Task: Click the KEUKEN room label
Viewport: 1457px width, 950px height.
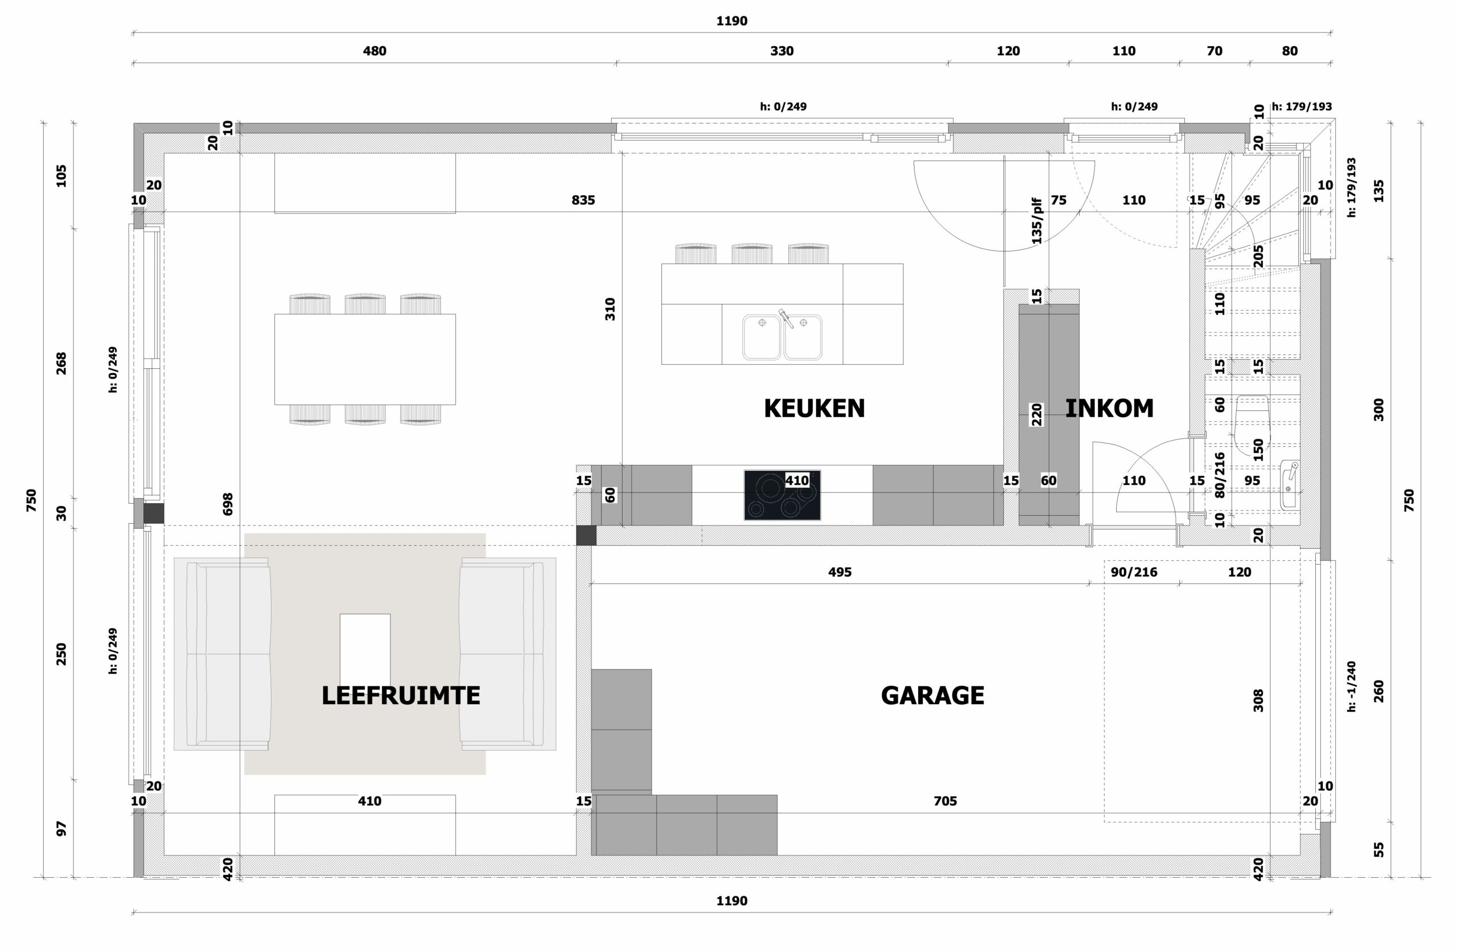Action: tap(814, 408)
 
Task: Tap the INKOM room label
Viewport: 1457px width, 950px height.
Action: tap(1109, 408)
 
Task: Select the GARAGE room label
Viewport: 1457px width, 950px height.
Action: tap(932, 696)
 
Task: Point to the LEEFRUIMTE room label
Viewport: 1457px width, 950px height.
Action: tap(401, 696)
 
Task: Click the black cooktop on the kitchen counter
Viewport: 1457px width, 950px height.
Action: tap(782, 495)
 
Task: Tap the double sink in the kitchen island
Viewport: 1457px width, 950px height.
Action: tap(782, 336)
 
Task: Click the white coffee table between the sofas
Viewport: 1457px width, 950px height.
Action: tap(365, 649)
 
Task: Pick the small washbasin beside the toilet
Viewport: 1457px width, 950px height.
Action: tap(1289, 486)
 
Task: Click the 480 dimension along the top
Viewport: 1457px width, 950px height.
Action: tap(374, 51)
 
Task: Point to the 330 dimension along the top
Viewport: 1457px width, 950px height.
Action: tap(782, 51)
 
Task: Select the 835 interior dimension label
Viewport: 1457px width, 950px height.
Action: tap(583, 200)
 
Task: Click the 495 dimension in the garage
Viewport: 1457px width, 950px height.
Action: tap(839, 572)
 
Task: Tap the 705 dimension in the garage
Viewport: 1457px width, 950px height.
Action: tap(945, 801)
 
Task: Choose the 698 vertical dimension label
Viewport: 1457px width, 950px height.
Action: tap(228, 504)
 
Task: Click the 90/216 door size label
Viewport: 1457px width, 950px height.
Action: tap(1134, 572)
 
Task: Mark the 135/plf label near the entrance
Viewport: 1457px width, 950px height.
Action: tap(1036, 221)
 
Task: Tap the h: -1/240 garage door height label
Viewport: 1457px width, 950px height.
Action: tap(1352, 686)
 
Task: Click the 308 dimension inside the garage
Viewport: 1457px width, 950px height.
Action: tap(1258, 701)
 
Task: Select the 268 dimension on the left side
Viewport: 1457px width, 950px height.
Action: tap(61, 364)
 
